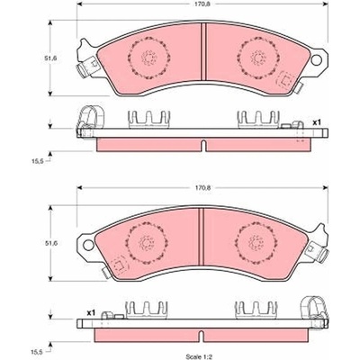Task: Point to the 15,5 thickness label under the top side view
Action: (38, 161)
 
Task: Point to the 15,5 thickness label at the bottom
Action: (38, 352)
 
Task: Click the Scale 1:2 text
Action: (199, 357)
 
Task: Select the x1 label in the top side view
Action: (317, 122)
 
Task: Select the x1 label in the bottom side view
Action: (91, 313)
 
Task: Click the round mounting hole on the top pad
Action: (316, 59)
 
